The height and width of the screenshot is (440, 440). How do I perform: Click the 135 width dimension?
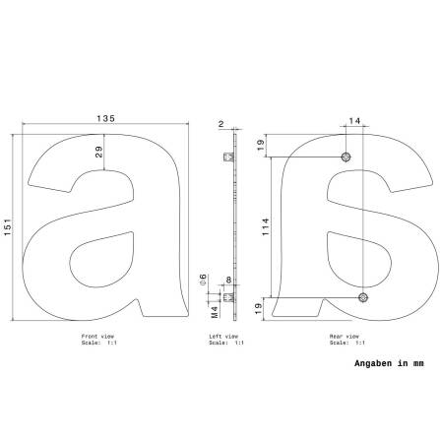[105, 118]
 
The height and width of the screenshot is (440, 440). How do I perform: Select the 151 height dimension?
[7, 227]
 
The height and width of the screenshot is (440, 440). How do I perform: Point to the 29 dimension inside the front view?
[98, 152]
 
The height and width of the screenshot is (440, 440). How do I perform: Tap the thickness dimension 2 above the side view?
[220, 124]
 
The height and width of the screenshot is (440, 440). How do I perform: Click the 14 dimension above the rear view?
[354, 121]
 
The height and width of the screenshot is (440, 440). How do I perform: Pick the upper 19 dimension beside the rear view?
[261, 145]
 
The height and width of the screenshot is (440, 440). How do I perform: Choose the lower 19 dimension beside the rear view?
[261, 308]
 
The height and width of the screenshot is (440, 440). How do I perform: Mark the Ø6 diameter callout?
[204, 280]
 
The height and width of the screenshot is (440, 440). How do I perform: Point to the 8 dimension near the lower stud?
[228, 281]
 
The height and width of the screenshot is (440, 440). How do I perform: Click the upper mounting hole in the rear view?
[346, 157]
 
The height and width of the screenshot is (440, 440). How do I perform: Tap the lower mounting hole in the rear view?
[363, 296]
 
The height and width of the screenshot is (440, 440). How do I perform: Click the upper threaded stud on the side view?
[228, 157]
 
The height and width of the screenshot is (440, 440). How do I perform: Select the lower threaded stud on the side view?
[228, 295]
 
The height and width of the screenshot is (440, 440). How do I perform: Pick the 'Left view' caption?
[223, 336]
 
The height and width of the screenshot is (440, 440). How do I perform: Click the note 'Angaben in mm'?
[388, 363]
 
